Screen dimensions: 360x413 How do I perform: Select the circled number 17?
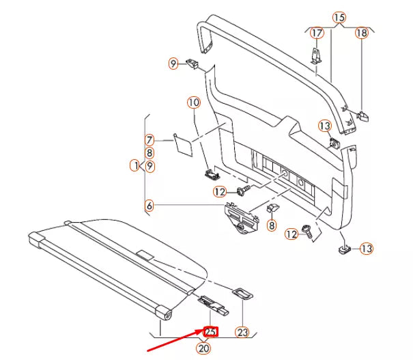pyautogui.click(x=317, y=33)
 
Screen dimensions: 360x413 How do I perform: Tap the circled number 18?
pyautogui.click(x=361, y=33)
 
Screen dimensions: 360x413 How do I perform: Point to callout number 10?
pyautogui.click(x=194, y=103)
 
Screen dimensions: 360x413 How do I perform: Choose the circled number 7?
pyautogui.click(x=149, y=140)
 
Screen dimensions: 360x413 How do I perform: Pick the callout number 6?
pyautogui.click(x=149, y=204)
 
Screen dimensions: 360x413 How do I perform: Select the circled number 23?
pyautogui.click(x=242, y=332)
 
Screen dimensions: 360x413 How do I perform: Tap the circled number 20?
pyautogui.click(x=203, y=348)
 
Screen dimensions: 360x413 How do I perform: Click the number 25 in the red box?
pyautogui.click(x=212, y=332)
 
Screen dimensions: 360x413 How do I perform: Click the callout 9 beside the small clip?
pyautogui.click(x=173, y=64)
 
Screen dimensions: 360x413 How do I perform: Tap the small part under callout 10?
pyautogui.click(x=210, y=172)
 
